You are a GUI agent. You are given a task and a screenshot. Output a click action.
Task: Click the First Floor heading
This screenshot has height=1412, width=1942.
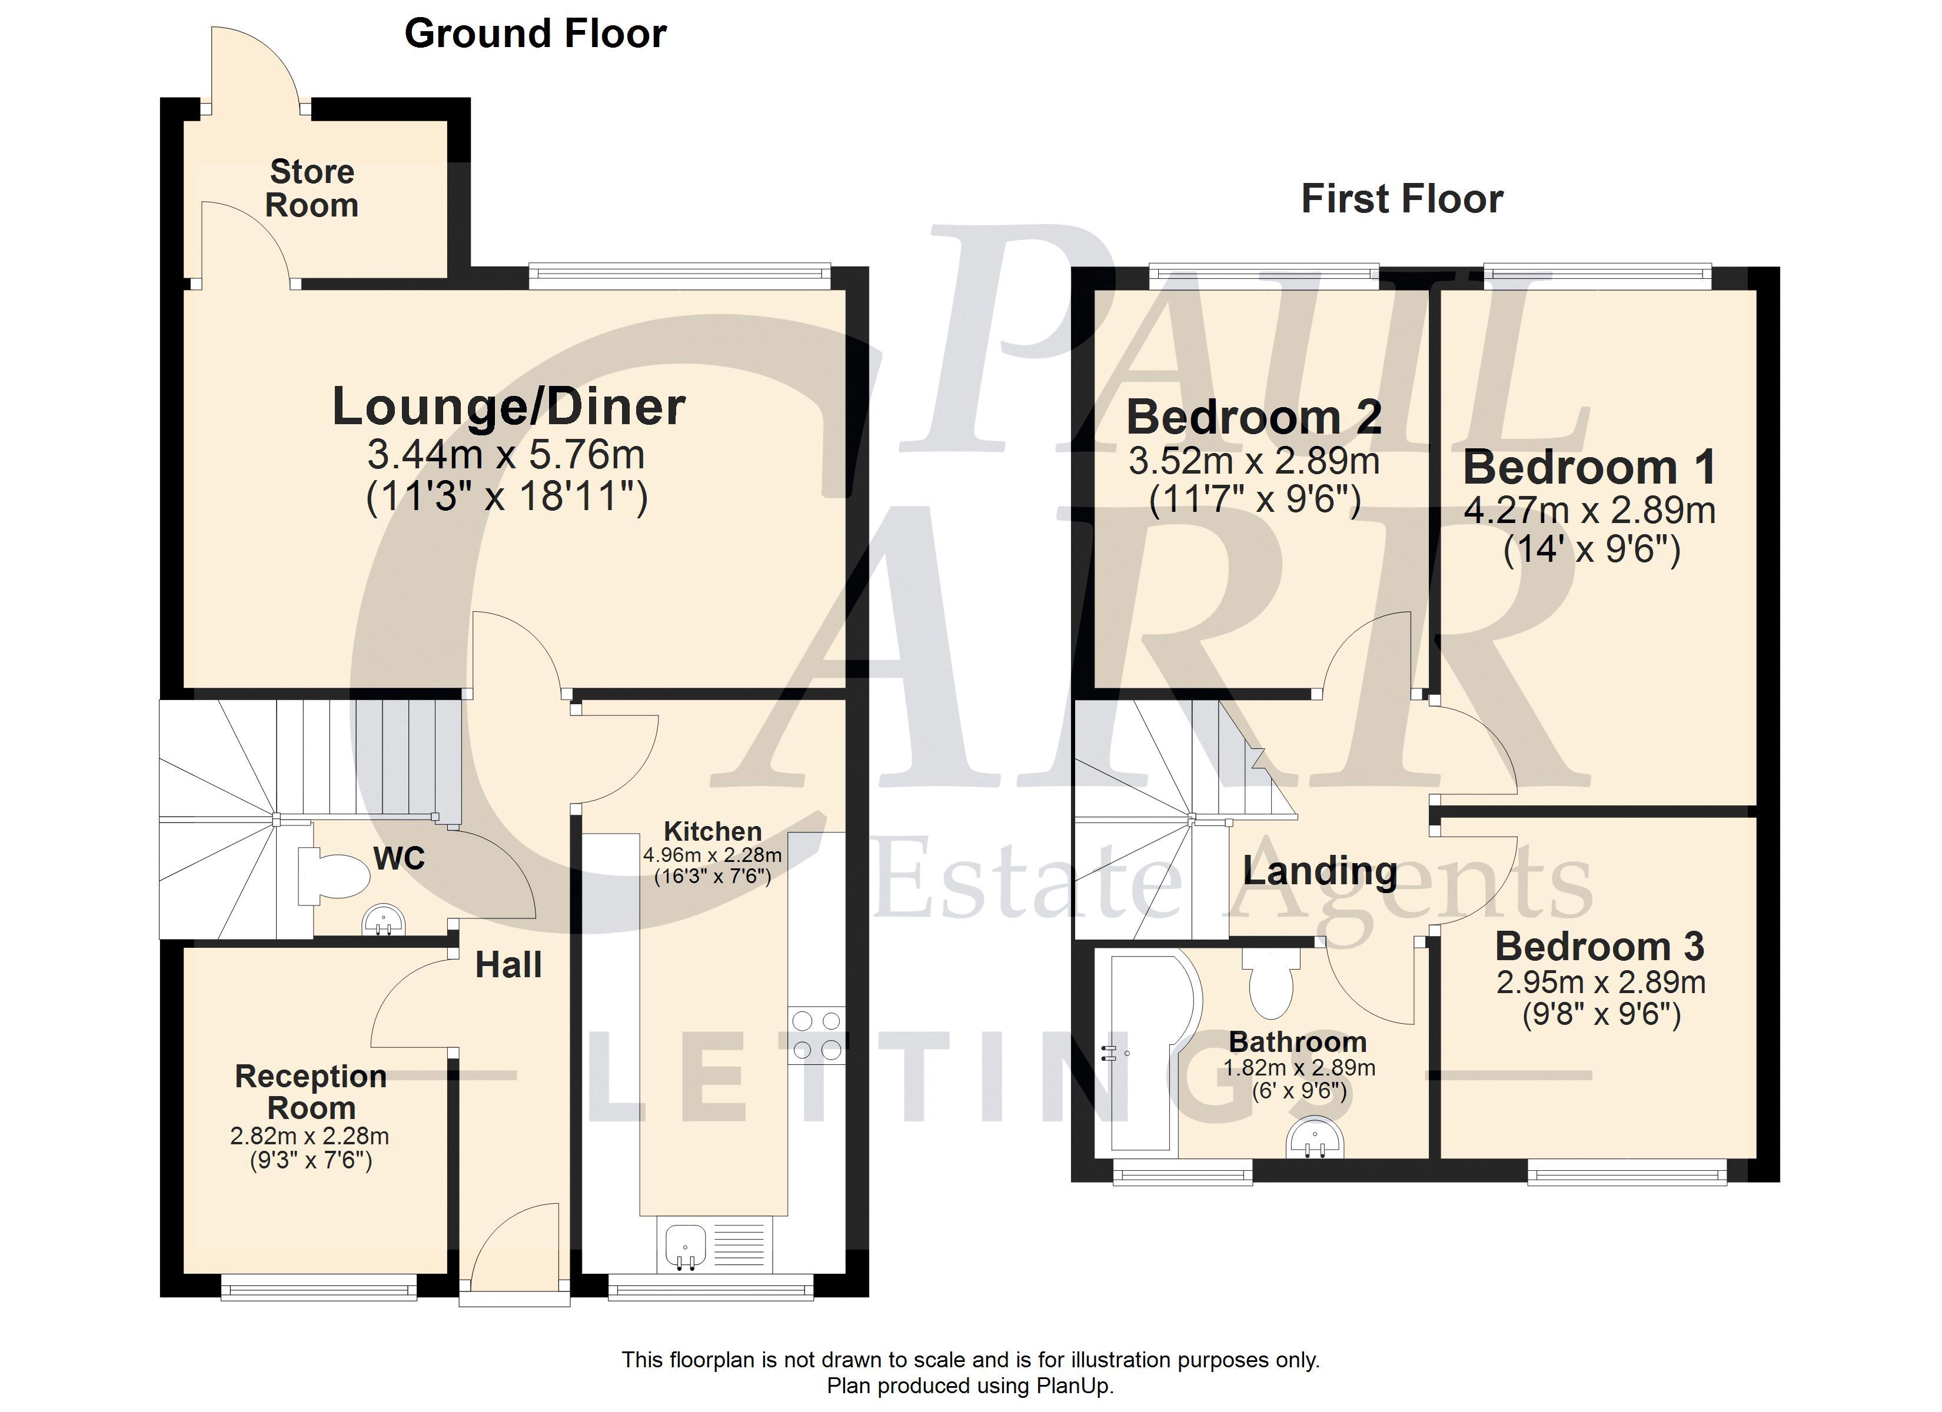pos(1402,199)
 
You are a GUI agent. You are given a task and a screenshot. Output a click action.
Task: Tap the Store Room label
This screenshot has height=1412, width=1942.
pos(312,188)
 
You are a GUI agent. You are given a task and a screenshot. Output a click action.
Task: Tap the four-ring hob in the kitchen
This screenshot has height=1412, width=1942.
pos(817,1035)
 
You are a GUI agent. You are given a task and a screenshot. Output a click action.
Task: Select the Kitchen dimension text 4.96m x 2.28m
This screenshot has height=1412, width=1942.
pos(713,855)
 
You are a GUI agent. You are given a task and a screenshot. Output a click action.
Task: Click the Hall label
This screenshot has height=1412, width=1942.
pos(508,965)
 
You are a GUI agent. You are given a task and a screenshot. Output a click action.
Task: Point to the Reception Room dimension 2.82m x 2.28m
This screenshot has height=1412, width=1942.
pos(310,1136)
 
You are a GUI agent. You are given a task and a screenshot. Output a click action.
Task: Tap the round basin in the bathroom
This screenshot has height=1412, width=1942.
pos(1316,1138)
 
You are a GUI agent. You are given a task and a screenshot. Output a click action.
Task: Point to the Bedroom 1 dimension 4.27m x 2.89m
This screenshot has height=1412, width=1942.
pos(1590,511)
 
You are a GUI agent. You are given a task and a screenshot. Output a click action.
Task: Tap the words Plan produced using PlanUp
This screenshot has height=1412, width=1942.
pos(970,1386)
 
